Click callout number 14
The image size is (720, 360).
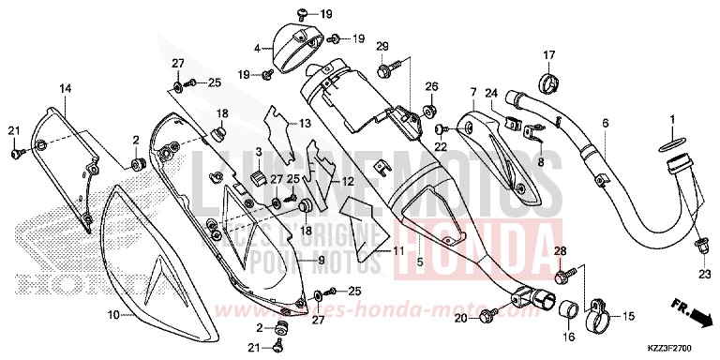(x=66, y=88)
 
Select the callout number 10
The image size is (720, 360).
(x=113, y=316)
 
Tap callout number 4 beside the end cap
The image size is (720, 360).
(x=257, y=46)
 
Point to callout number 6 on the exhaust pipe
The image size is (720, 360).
(x=605, y=123)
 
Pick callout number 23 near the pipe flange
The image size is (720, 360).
(x=703, y=275)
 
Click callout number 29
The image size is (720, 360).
(x=382, y=47)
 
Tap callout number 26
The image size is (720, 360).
(x=431, y=86)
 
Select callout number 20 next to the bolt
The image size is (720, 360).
(x=460, y=319)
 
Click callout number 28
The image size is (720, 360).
(x=560, y=251)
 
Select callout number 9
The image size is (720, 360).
(x=321, y=260)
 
